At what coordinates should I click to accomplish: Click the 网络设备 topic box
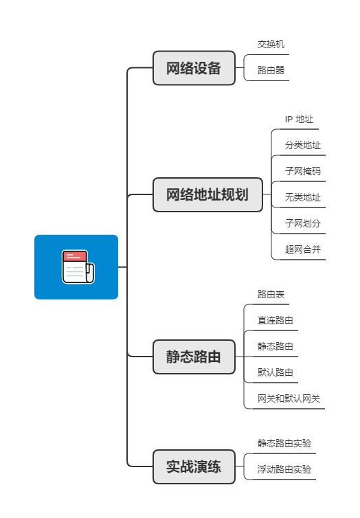194,69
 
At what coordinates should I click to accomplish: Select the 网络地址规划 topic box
207,195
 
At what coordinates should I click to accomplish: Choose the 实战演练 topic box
194,467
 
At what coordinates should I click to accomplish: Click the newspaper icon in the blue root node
77,267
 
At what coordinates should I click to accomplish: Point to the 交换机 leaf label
271,43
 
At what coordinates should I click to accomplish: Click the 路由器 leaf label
271,69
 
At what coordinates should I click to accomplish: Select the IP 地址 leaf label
299,119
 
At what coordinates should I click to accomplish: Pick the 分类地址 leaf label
303,145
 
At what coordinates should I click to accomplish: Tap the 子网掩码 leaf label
303,171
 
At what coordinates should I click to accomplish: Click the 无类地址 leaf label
303,197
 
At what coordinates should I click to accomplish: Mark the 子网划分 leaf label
303,223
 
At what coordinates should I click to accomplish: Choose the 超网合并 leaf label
303,249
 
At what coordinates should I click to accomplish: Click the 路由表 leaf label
271,294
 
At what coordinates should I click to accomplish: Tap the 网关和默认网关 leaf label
289,398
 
